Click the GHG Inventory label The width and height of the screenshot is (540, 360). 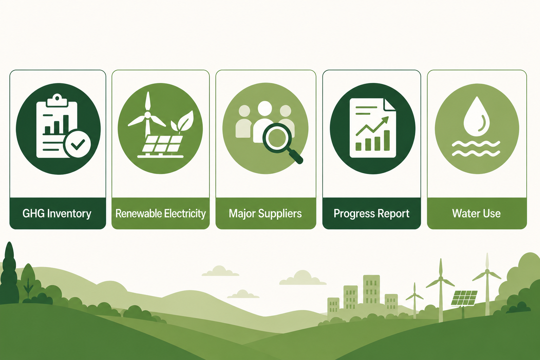coord(57,214)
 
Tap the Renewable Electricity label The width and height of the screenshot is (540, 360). coord(161,214)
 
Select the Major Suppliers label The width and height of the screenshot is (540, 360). coord(265,214)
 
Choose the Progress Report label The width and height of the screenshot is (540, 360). coord(372,214)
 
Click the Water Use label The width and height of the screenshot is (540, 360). coord(476,213)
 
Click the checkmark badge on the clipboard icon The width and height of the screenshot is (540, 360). coord(77,144)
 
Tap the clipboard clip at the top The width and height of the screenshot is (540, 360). coord(57,100)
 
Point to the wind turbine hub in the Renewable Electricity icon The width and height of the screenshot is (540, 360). coord(147,115)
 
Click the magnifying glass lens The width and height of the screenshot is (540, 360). coord(277,138)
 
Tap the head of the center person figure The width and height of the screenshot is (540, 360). coord(265,108)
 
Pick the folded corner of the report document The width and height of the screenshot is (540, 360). coord(390,105)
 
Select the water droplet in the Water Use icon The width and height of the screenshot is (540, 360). coord(477,116)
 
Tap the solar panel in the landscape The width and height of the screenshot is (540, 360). coord(464,298)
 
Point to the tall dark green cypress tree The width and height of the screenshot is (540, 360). coord(9,272)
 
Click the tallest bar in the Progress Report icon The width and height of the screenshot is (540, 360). coord(387,140)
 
